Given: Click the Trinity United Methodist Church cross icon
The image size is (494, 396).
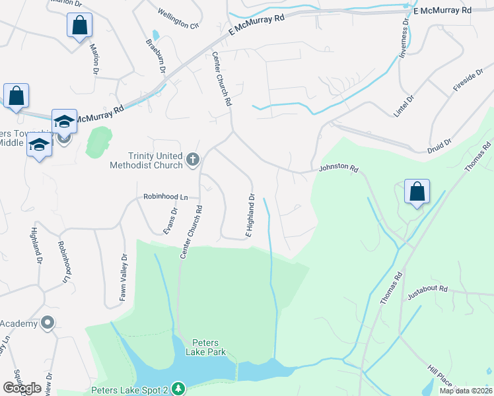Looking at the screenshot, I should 193,159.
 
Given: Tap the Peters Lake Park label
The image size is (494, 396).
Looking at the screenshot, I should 209,347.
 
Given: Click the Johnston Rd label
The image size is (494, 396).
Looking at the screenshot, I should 338,169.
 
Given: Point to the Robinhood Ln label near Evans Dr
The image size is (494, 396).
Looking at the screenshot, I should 166,197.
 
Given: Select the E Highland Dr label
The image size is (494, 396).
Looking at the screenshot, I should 250,215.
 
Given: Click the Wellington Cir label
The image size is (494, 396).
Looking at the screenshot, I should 178,19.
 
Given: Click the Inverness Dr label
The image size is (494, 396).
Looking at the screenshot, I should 404,38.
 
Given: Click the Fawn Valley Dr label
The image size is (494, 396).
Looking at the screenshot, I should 123,277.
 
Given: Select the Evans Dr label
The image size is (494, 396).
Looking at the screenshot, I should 171,220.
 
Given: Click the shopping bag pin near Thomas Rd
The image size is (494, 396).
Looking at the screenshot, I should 417,192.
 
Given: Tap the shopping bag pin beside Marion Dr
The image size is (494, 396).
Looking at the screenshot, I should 79,26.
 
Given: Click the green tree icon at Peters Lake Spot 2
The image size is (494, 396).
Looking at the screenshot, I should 176,389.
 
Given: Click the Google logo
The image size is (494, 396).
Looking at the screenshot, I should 22,388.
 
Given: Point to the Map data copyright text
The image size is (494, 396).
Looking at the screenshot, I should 466,391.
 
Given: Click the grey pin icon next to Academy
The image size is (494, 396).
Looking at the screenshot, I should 47,323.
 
